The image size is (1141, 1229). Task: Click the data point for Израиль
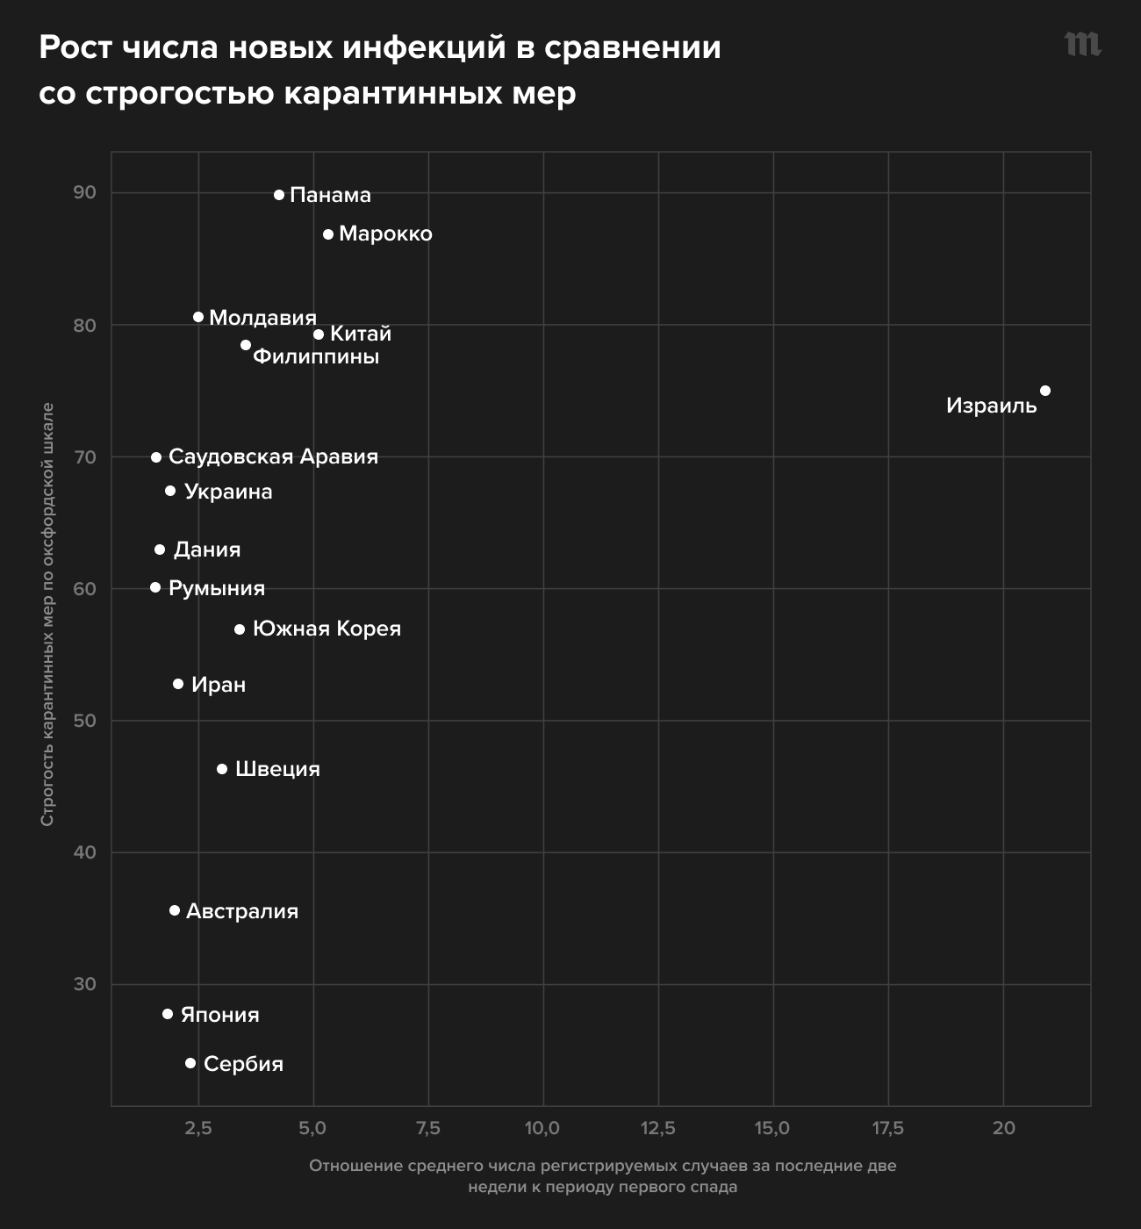tap(1044, 391)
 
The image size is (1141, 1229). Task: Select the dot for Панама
tap(279, 195)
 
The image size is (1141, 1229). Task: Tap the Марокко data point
tap(328, 234)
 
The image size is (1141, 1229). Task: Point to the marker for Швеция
tap(222, 769)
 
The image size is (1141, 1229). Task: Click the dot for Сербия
tap(190, 1063)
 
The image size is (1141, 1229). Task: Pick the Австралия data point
tap(175, 910)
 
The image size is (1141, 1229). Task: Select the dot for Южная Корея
tap(240, 629)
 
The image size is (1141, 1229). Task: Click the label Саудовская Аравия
tap(273, 456)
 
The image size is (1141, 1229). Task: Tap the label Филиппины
tap(316, 356)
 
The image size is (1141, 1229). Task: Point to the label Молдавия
tap(262, 318)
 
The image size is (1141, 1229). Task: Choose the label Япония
tap(220, 1015)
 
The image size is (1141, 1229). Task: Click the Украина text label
tap(228, 492)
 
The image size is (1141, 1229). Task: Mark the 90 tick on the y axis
tap(85, 192)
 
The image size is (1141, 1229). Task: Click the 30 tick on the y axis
tap(85, 983)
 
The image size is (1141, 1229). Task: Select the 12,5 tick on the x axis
tap(657, 1128)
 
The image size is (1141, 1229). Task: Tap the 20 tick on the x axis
tap(1003, 1128)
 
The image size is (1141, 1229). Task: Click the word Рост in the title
tap(75, 47)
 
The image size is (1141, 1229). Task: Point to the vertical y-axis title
tap(48, 614)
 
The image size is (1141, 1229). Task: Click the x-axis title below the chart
tap(602, 1176)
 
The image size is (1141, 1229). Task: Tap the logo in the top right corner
tap(1082, 44)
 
